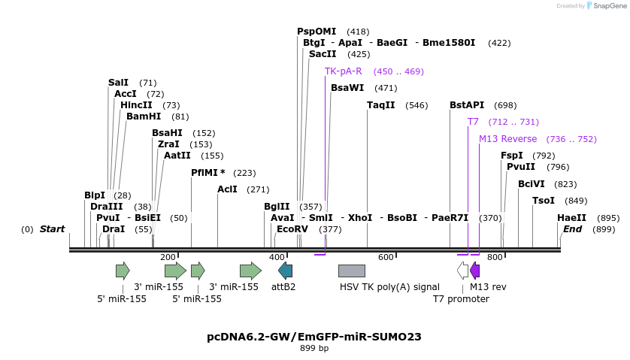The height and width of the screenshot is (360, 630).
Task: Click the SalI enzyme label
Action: point(118,83)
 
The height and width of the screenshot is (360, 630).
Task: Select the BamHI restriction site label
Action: point(144,116)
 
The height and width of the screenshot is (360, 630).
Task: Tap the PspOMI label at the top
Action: point(317,32)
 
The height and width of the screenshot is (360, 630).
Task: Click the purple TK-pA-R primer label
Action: point(344,71)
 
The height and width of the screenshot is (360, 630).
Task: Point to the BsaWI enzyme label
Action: point(347,88)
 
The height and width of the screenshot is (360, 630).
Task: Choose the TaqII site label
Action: point(381,105)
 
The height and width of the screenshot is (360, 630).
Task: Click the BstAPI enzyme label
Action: point(467,105)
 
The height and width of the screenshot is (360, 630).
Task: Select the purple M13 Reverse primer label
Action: point(508,139)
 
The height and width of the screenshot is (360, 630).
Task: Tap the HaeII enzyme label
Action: point(571,218)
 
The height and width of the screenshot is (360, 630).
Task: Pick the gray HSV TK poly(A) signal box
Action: point(352,271)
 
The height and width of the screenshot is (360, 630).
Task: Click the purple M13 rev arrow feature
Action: point(474,271)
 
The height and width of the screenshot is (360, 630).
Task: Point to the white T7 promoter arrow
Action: point(463,271)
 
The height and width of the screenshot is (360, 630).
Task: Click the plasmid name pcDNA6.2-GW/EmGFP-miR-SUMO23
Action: point(314,337)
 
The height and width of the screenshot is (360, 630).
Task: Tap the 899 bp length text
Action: point(314,348)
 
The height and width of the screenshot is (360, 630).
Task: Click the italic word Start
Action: point(53,229)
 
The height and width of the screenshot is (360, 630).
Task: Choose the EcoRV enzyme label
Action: point(292,229)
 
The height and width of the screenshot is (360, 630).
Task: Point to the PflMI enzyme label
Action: point(207,173)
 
